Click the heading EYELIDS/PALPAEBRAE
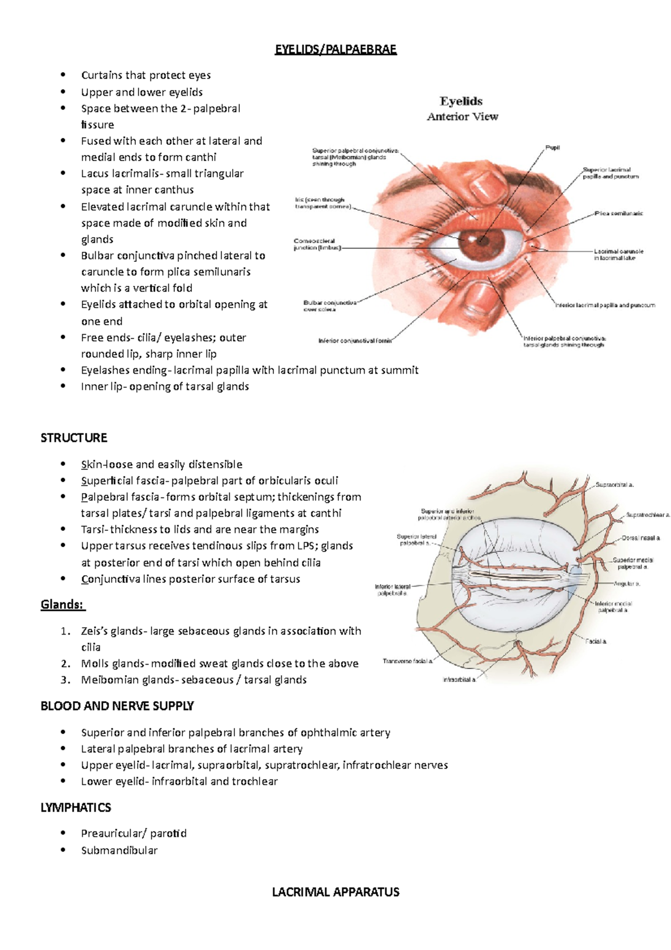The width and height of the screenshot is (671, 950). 335,49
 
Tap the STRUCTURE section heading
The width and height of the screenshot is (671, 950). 74,438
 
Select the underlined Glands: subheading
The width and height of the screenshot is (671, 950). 62,604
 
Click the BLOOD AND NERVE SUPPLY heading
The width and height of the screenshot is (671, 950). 117,706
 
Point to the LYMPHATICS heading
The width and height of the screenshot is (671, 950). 75,807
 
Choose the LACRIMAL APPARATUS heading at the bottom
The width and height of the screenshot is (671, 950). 335,892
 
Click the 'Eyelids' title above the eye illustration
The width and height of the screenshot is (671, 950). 461,101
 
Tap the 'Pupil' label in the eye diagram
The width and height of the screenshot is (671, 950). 552,148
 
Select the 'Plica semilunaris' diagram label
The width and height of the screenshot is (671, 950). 618,213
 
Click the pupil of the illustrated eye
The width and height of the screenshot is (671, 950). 480,242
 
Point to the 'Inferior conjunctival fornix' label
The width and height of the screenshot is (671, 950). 356,340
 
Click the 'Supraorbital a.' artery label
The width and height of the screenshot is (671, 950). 615,485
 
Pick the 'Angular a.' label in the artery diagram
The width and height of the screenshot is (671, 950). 626,584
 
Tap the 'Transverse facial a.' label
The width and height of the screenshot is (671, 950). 408,661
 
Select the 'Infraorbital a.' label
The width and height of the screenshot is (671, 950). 459,680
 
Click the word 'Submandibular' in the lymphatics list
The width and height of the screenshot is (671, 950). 119,850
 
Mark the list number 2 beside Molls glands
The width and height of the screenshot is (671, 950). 65,664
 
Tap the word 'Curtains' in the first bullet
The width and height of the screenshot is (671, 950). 101,75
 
